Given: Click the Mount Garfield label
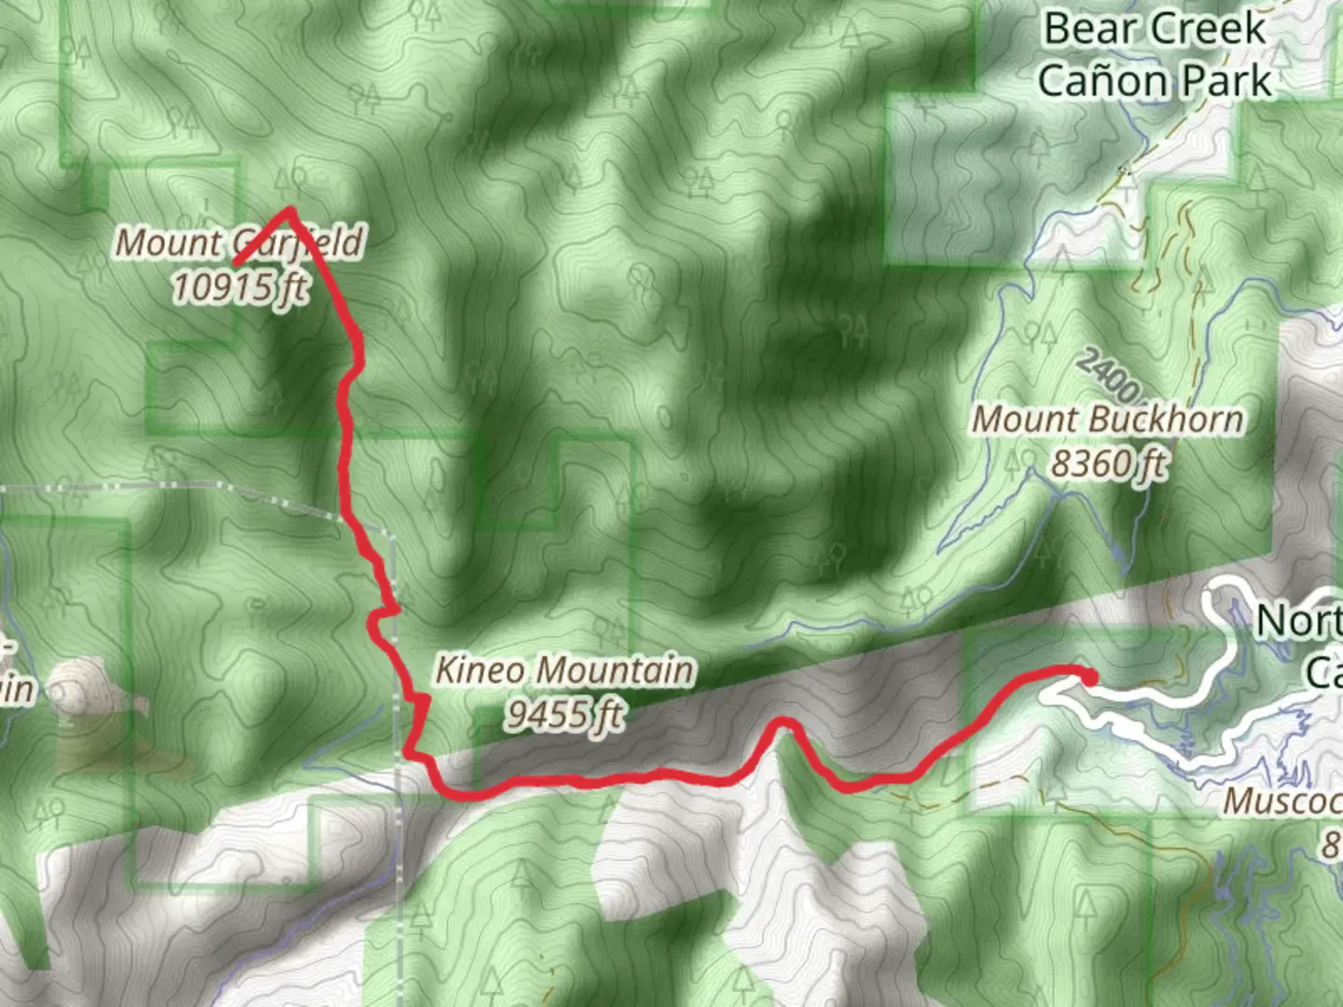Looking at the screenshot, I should [x=239, y=242].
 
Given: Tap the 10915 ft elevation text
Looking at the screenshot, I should [x=239, y=286].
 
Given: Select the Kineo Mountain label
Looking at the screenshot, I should [x=565, y=669].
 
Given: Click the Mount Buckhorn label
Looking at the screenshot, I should [x=1108, y=420].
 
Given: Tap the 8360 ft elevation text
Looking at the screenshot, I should [x=1108, y=462].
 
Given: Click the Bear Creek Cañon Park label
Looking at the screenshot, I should [x=1155, y=54].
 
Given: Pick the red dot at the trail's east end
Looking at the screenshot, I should [x=1089, y=678].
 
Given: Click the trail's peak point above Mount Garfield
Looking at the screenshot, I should [x=290, y=212].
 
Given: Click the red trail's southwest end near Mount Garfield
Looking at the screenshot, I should [x=237, y=263].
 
